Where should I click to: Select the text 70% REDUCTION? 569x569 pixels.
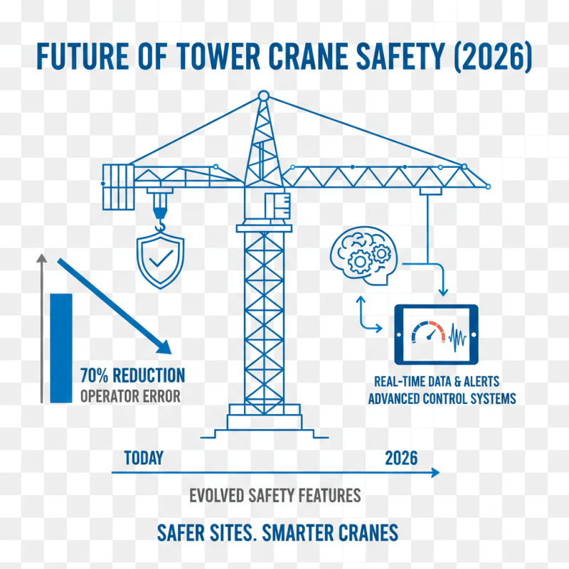coord(132,375)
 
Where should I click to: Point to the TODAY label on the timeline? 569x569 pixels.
coord(144,457)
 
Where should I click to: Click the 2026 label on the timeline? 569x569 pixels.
coord(400,457)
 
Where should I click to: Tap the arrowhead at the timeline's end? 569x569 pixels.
coord(435,472)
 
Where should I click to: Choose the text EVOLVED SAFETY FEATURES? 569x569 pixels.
coord(275,495)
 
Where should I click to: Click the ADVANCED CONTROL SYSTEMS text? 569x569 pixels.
coord(441,398)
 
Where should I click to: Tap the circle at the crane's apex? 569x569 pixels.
coord(263,95)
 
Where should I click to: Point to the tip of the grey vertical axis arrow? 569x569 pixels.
coord(42,260)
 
